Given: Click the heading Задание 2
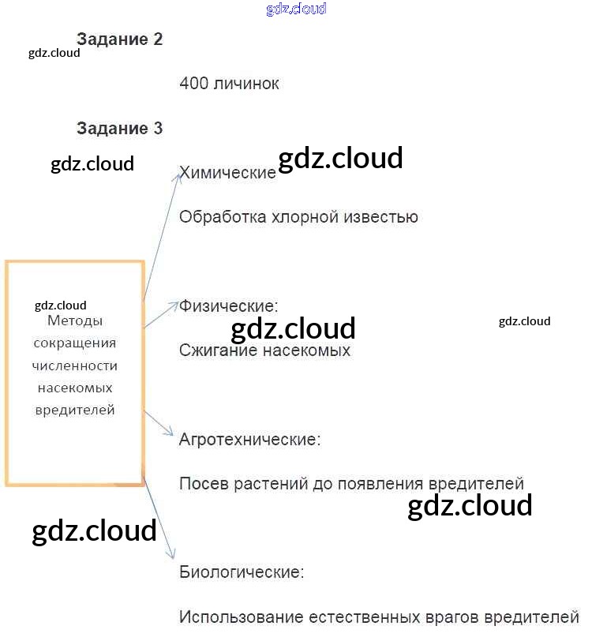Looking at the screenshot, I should point(120,39).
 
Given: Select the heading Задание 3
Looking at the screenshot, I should point(120,128).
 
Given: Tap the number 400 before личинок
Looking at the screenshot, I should point(194,83).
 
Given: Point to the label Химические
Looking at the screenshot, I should point(228,173).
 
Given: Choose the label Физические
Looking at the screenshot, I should point(229,306).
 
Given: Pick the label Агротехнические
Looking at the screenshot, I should point(250,439).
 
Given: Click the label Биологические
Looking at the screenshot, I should point(242,572).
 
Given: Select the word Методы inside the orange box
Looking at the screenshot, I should point(75,321).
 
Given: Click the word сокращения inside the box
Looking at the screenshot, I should point(75,343).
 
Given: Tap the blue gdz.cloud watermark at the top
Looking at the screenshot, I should point(296,9).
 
